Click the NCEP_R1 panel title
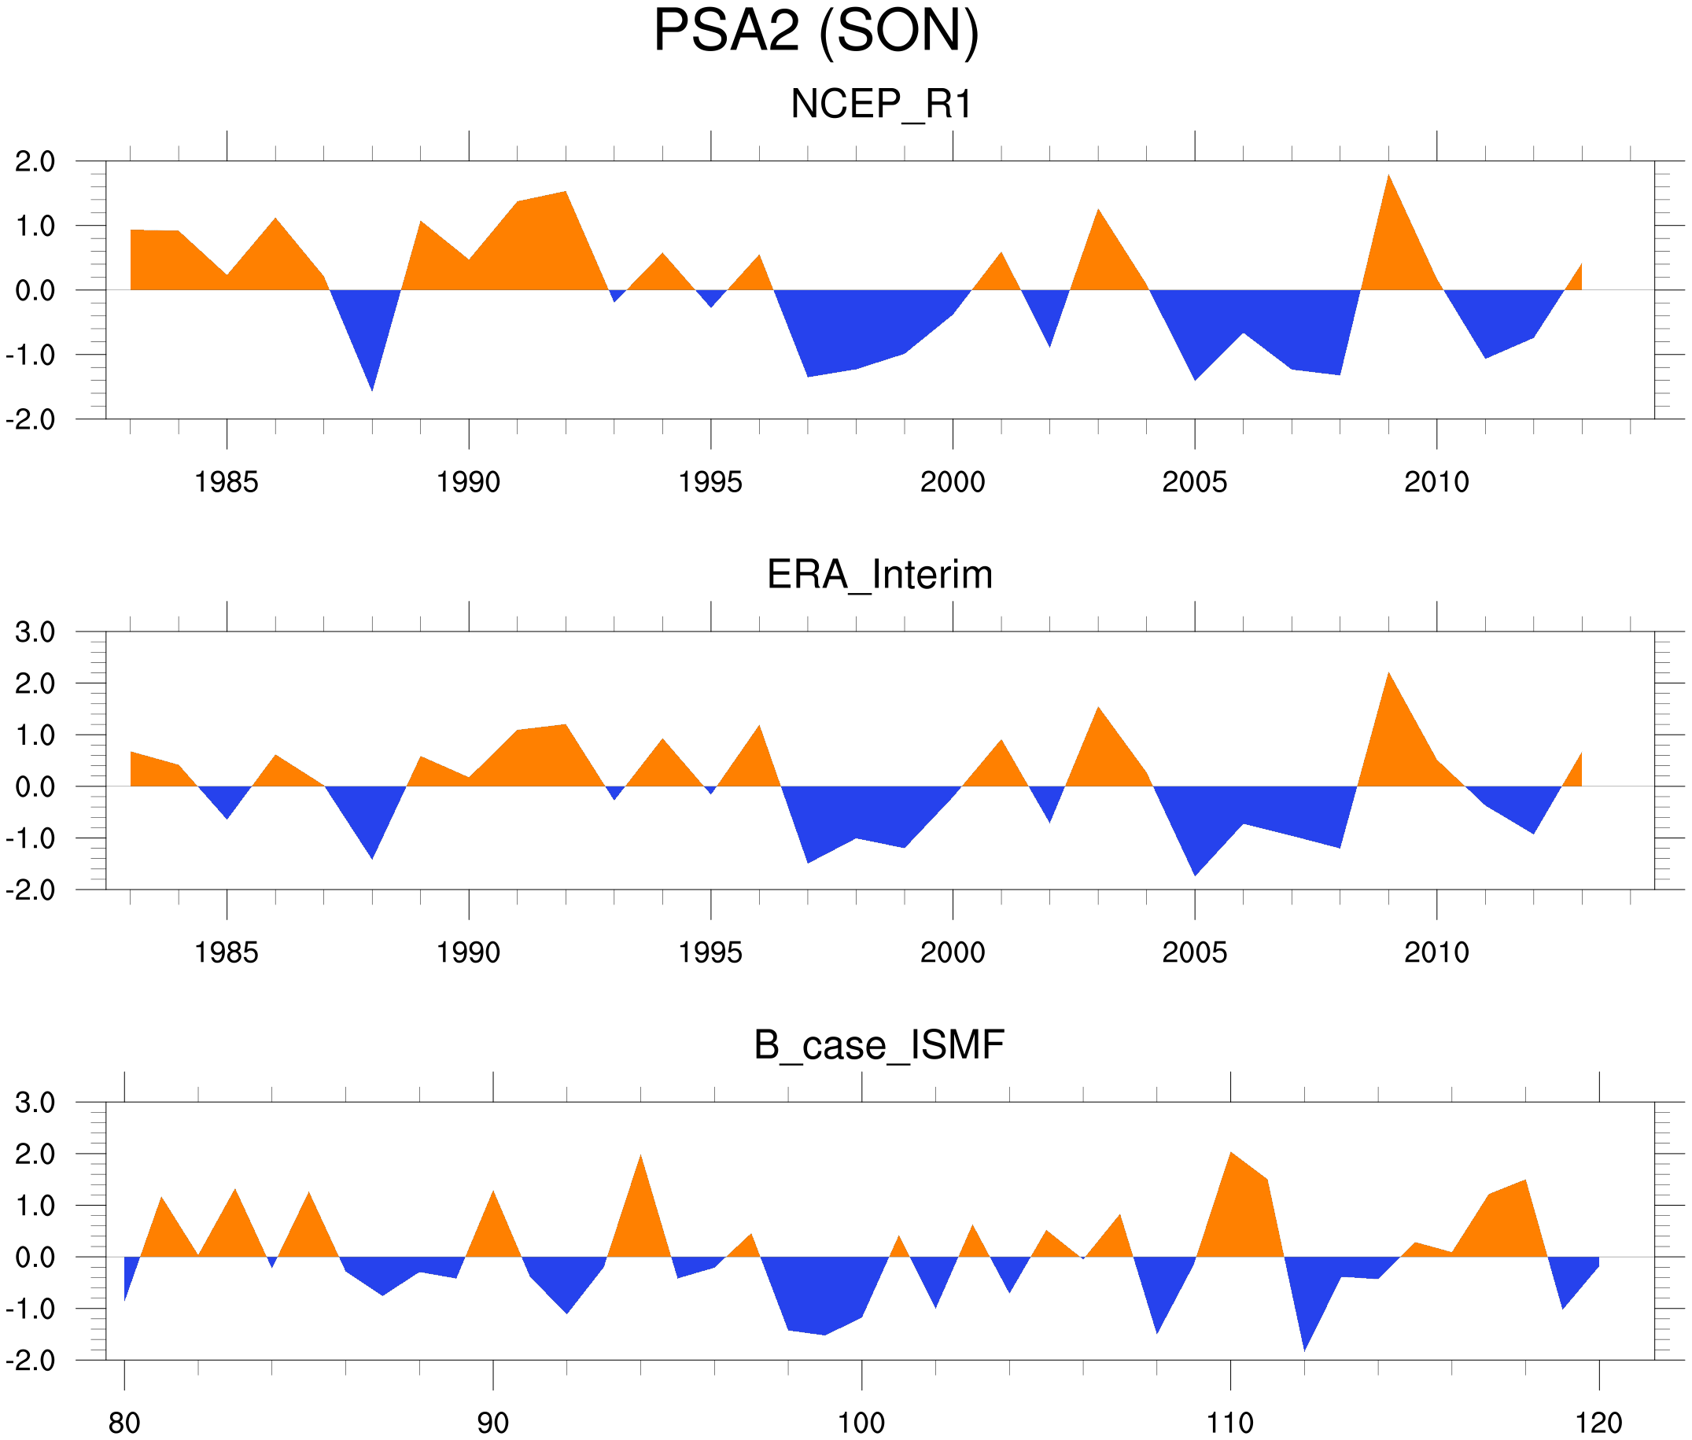[x=881, y=105]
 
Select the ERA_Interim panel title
[x=879, y=575]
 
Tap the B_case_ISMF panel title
[x=879, y=1046]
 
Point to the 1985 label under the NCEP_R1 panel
[x=227, y=482]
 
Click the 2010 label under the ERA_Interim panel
[x=1436, y=952]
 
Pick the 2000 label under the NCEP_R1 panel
[x=952, y=482]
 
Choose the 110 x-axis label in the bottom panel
[x=1229, y=1423]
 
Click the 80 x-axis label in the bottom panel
[x=124, y=1423]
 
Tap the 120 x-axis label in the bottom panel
[x=1598, y=1423]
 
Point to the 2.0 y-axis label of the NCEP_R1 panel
[x=35, y=162]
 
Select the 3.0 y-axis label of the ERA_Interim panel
[x=35, y=632]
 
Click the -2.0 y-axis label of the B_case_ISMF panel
[x=31, y=1361]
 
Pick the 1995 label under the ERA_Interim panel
[x=710, y=952]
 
